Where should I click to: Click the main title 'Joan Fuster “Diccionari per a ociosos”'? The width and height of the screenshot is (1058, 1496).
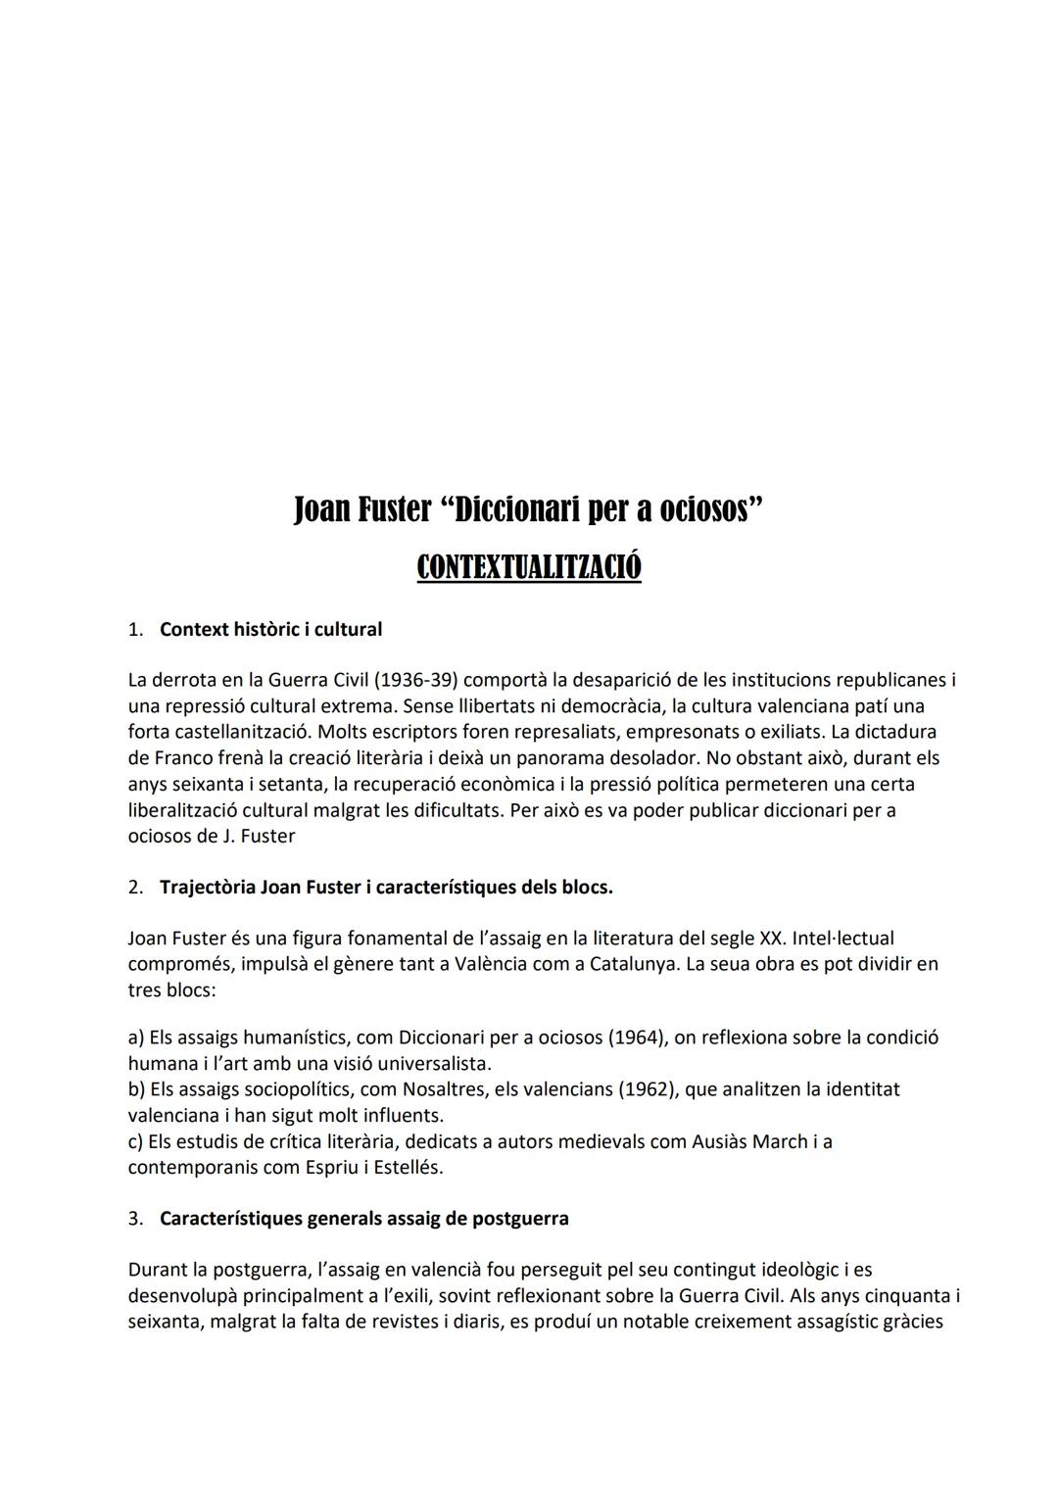pos(528,510)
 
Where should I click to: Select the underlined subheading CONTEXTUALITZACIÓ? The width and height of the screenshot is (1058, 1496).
pos(528,567)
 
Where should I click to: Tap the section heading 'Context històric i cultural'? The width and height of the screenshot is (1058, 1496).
pos(270,630)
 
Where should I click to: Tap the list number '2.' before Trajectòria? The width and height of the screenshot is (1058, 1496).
pos(135,888)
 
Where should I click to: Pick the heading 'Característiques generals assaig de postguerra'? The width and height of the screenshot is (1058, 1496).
pos(363,1220)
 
